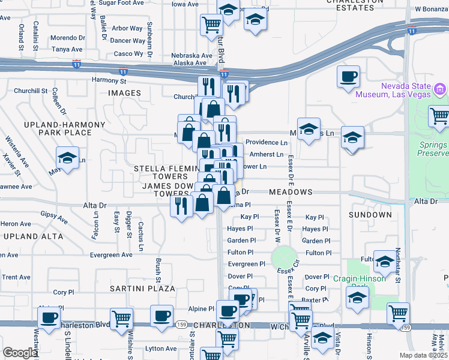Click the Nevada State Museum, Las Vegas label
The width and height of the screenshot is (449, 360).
393,89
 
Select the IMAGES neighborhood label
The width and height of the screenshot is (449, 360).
124,93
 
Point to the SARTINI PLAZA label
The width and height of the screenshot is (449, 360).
142,289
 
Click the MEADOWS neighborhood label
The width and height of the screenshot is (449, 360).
291,192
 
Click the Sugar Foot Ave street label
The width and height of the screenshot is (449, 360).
121,3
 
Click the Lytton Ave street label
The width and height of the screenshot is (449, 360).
161,348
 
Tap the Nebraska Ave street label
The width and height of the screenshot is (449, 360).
192,55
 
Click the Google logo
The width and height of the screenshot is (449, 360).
20,353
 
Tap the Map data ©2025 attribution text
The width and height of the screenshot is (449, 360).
422,355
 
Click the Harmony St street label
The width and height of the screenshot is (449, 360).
109,80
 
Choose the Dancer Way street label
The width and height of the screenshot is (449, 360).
128,41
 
